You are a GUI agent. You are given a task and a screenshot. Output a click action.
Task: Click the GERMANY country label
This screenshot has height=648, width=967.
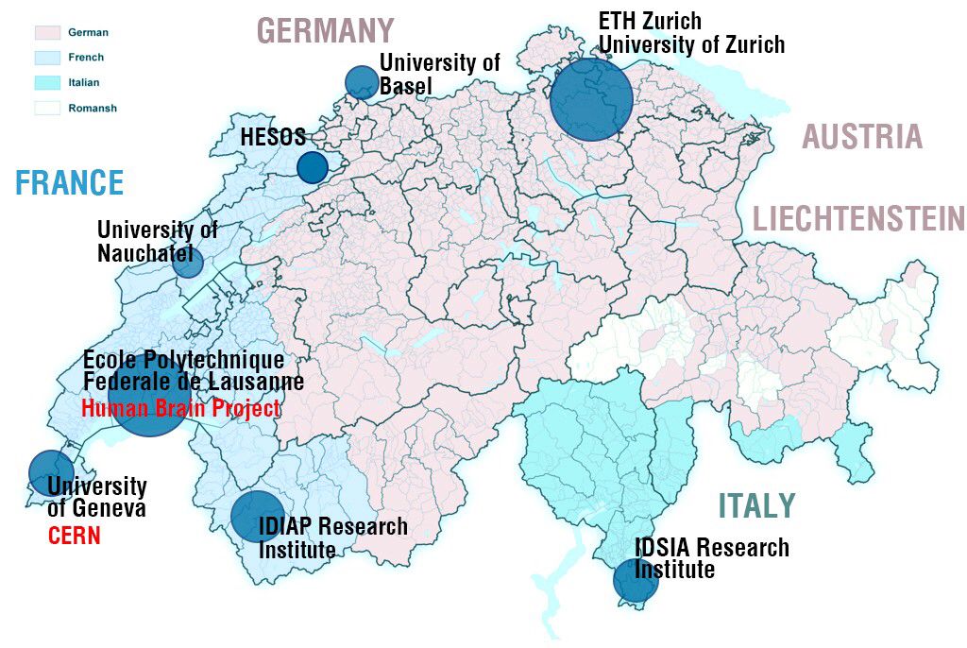click(326, 30)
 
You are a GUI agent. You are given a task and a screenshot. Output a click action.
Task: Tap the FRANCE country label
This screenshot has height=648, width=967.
click(69, 182)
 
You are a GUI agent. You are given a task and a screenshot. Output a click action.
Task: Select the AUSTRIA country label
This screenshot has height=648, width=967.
click(861, 137)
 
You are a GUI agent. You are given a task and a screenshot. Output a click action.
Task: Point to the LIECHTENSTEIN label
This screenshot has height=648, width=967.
click(858, 219)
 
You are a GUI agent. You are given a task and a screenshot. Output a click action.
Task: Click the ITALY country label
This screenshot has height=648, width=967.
click(756, 506)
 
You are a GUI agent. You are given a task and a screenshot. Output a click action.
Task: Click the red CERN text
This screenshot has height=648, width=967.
click(74, 537)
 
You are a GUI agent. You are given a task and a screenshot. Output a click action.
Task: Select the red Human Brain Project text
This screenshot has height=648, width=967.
click(180, 409)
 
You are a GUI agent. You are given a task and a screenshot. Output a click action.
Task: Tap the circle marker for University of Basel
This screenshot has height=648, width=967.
click(362, 82)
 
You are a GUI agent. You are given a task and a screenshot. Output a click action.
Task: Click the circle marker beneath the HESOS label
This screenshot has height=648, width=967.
click(313, 167)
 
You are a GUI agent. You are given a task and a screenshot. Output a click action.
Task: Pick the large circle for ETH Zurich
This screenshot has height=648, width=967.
click(591, 99)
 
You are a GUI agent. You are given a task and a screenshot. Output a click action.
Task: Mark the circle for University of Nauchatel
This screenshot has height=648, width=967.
click(188, 262)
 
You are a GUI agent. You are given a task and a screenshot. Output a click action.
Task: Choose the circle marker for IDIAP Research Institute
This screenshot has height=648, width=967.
click(257, 517)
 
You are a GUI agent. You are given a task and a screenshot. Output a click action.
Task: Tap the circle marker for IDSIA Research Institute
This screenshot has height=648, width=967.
click(635, 580)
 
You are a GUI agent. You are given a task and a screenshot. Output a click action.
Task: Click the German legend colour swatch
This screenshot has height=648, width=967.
click(47, 33)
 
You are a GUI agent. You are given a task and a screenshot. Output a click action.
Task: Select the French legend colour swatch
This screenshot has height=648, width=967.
click(47, 58)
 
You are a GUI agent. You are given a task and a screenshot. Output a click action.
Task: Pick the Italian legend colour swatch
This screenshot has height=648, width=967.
click(47, 83)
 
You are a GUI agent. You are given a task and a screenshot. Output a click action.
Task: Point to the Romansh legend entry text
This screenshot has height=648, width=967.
click(93, 108)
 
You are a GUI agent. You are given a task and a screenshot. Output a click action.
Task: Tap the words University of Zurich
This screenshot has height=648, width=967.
click(691, 43)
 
